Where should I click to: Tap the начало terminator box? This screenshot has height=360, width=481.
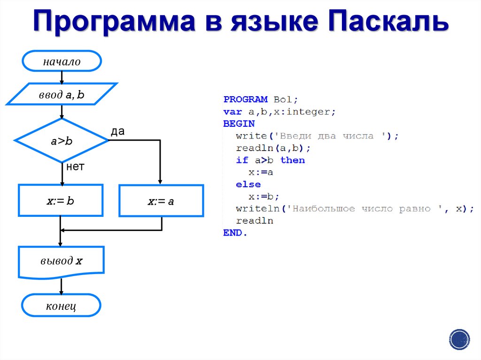(x=62, y=61)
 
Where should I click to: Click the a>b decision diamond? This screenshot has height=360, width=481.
(x=62, y=140)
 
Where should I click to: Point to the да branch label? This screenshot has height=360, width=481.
(x=117, y=131)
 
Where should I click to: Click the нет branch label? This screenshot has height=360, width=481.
(x=75, y=167)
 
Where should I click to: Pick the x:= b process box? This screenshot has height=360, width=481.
(x=61, y=200)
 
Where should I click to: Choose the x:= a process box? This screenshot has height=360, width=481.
(x=161, y=201)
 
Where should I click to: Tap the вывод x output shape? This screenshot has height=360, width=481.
(x=61, y=261)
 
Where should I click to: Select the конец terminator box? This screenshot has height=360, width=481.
(x=61, y=306)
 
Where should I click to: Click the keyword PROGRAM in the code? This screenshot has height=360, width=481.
(x=239, y=100)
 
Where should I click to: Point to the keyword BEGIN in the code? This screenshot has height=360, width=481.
(x=239, y=124)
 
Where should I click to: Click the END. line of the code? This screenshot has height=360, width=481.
(x=235, y=233)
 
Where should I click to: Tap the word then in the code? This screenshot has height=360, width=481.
(x=293, y=161)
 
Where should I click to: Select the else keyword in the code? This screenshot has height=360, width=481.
(x=248, y=184)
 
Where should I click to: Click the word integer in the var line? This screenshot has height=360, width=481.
(x=314, y=112)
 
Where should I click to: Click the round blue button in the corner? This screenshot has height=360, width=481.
(x=459, y=339)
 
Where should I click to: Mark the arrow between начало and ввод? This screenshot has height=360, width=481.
(x=62, y=77)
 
